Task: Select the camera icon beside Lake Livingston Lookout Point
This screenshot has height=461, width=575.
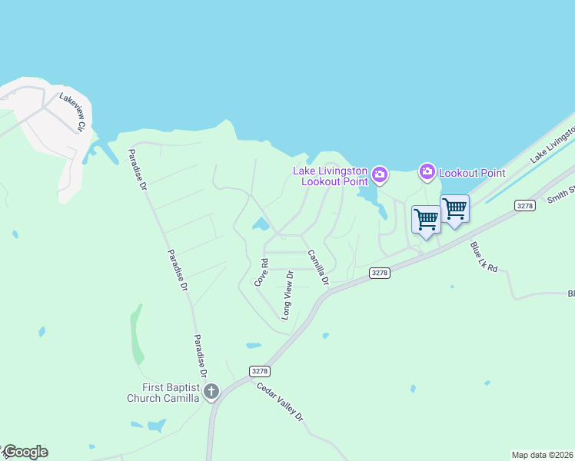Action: click(380, 176)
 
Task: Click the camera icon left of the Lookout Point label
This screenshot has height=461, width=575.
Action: click(427, 173)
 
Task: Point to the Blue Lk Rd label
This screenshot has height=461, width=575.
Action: click(484, 257)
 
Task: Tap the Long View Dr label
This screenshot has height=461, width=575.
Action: click(287, 295)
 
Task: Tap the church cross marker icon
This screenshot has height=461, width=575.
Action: click(211, 392)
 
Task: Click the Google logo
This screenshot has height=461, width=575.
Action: click(25, 452)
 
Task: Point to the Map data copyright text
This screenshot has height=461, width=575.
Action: click(542, 455)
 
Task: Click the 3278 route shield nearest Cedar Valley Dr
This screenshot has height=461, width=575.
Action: click(260, 371)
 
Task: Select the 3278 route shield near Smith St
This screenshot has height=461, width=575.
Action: click(525, 205)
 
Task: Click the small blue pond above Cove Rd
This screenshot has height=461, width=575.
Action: click(261, 224)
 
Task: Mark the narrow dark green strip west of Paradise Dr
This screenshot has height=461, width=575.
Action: click(136, 334)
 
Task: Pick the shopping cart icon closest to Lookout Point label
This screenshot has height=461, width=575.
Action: click(454, 207)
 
